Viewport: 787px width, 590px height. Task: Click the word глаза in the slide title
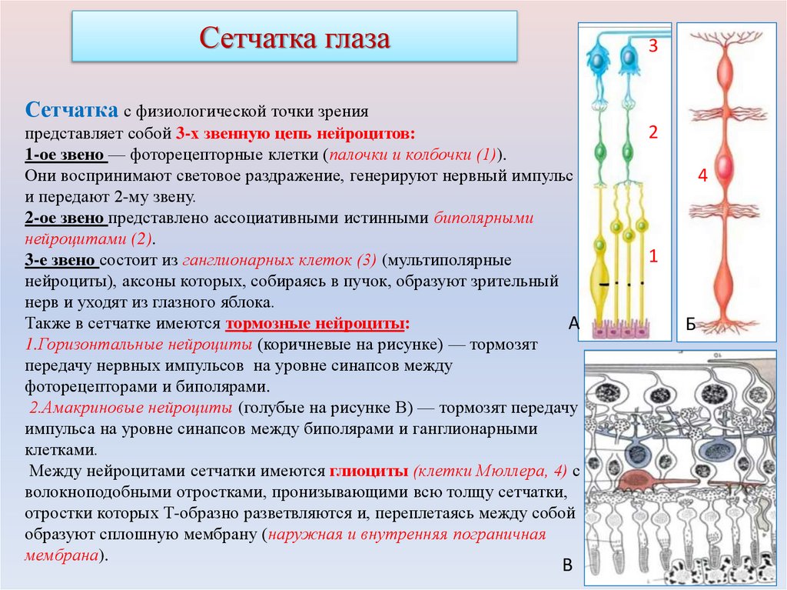coord(352,38)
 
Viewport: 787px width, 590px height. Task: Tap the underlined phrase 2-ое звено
coord(65,218)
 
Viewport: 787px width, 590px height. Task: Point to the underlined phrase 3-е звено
coord(61,260)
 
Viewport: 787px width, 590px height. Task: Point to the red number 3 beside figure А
coord(653,46)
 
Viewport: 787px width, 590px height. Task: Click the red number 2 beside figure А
coord(653,132)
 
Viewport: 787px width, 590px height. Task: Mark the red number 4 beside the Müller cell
coord(702,176)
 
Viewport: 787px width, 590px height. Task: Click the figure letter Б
coord(691,326)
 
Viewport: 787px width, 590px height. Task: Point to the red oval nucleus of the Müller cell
coord(723,166)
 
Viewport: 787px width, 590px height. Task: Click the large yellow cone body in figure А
coord(599,276)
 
